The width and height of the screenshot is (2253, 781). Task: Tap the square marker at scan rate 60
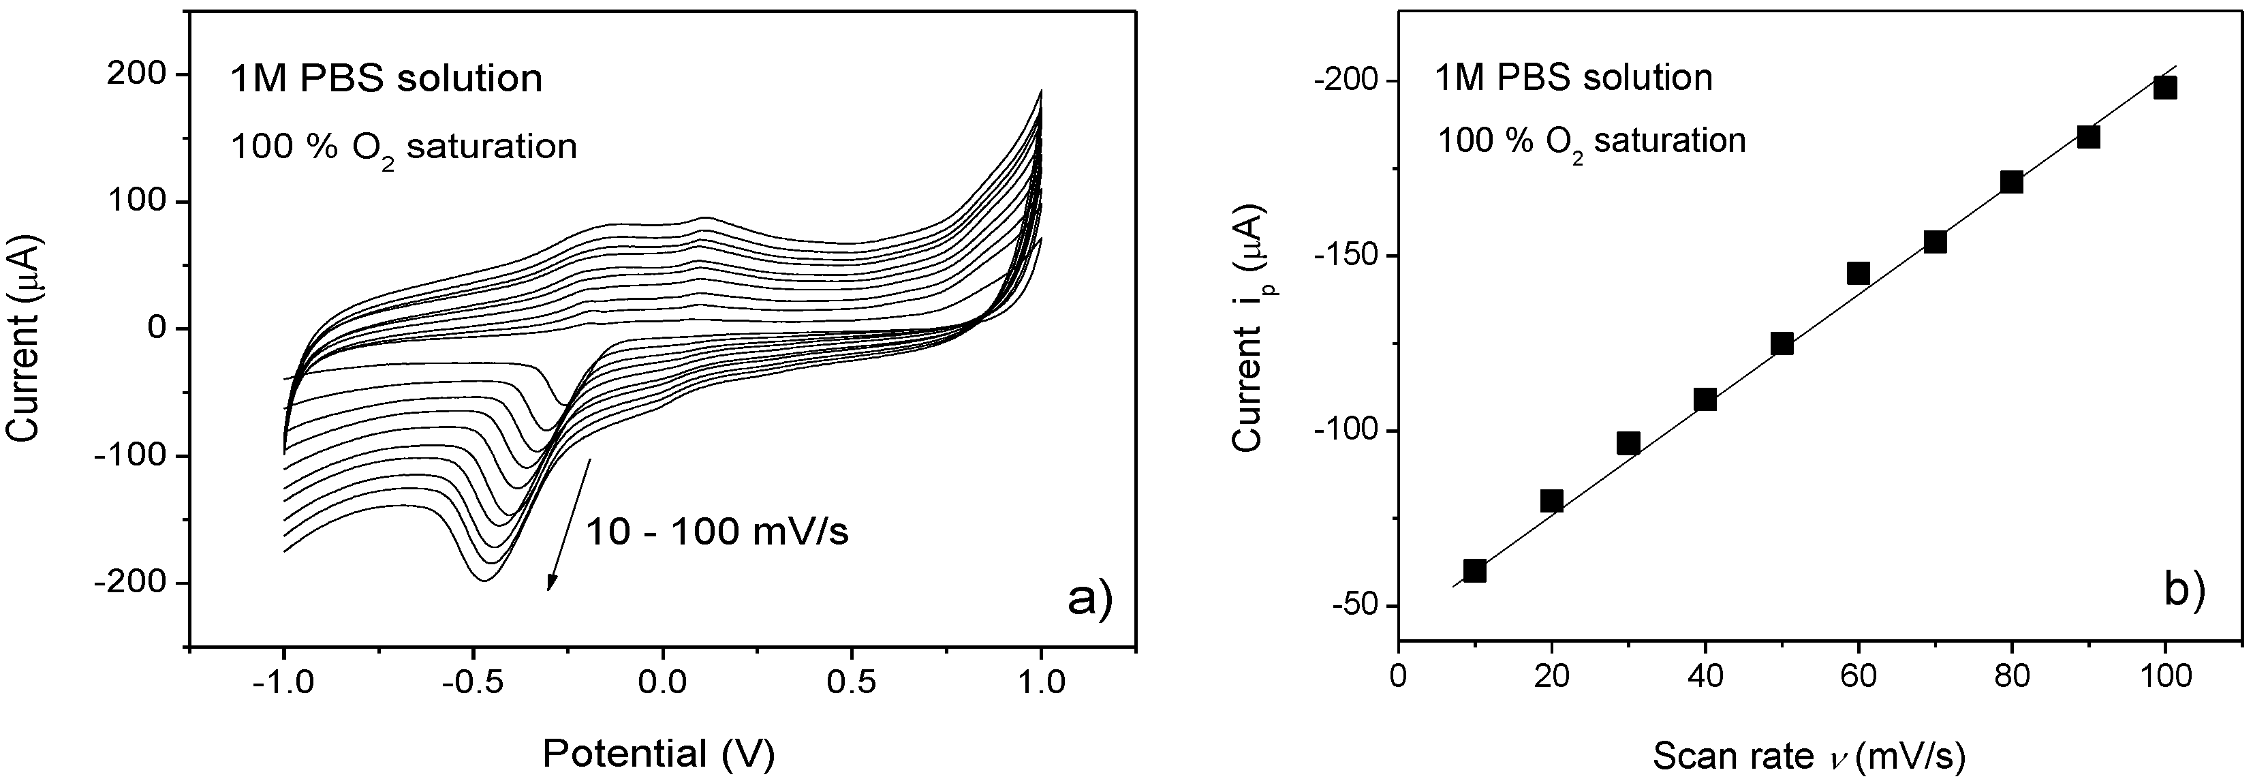(x=1858, y=274)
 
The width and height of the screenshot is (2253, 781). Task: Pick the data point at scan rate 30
(x=1628, y=444)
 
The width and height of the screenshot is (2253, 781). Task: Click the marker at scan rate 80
(x=2012, y=182)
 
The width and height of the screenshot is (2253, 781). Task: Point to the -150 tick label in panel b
(x=1343, y=256)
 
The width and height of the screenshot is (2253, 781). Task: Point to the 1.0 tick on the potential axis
(x=1041, y=682)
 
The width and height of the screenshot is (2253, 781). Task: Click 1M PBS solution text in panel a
(x=385, y=78)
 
